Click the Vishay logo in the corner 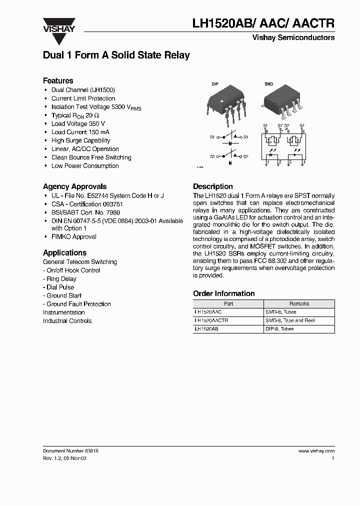point(58,25)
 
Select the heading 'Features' point(58,80)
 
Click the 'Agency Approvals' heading point(74,186)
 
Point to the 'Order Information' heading point(223,293)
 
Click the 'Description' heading point(213,186)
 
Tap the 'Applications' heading point(64,252)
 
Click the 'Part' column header point(228,303)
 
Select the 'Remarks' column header point(299,303)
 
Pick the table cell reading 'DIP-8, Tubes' point(279,329)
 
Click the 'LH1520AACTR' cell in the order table point(211,320)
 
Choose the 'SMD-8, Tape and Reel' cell point(290,320)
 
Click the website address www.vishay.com point(316,450)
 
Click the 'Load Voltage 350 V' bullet point(78,123)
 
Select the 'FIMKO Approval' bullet point(74,236)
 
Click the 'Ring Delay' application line point(61,278)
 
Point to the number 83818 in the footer point(89,450)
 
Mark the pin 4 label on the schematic point(303,162)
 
